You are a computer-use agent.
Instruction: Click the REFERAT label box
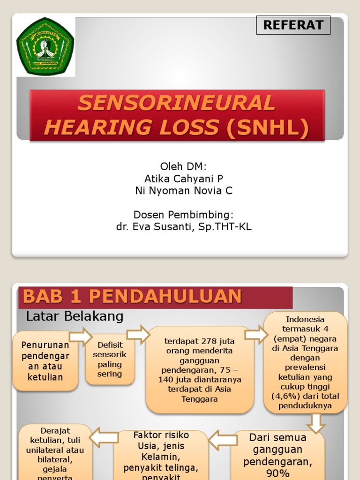293,25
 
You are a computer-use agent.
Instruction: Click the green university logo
45,46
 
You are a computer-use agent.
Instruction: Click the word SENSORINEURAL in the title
176,103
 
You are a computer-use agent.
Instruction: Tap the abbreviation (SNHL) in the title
268,127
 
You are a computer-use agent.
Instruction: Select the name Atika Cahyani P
184,179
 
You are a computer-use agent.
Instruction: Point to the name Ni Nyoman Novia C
184,191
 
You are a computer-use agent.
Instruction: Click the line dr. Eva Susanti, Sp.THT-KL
184,227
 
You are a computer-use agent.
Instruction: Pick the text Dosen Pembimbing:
184,215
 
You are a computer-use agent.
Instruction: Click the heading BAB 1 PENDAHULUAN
133,296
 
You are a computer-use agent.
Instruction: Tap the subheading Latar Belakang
75,316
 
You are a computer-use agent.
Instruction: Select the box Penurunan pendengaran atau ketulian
45,361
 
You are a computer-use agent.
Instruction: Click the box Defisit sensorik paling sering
110,360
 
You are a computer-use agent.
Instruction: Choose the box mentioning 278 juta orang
200,369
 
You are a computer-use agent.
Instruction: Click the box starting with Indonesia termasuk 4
305,362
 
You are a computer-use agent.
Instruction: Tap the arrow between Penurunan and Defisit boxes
81,336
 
